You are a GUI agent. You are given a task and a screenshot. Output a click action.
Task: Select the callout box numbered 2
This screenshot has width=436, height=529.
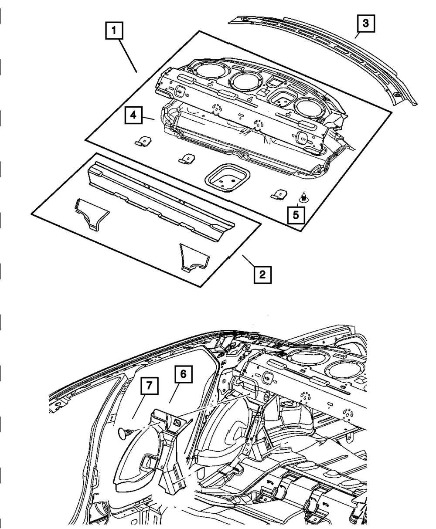tap(262, 275)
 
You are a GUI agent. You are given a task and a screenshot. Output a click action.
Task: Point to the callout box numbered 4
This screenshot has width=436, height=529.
tap(134, 116)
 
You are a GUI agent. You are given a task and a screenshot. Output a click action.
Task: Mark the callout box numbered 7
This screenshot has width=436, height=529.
tap(149, 387)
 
